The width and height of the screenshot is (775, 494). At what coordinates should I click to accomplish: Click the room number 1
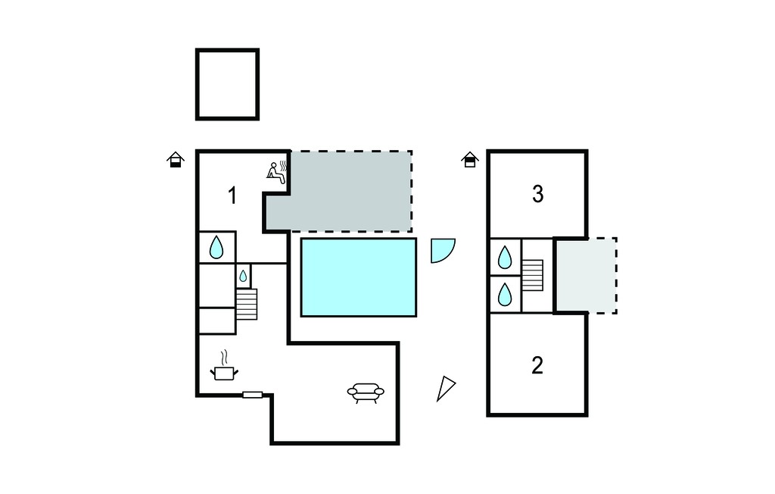(x=232, y=195)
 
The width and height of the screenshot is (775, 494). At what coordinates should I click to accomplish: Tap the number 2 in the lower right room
(x=537, y=365)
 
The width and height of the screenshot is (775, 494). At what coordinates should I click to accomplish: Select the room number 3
(x=538, y=194)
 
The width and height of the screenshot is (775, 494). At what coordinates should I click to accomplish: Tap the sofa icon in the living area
(x=366, y=392)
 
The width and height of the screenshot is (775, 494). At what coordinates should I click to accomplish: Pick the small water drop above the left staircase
(x=243, y=277)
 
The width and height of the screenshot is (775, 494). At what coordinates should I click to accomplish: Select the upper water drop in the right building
(x=505, y=257)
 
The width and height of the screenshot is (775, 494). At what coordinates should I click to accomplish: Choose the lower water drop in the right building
(x=505, y=294)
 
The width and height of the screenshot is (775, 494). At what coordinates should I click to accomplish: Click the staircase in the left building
(x=247, y=304)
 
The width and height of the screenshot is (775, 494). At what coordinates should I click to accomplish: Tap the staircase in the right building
(x=533, y=275)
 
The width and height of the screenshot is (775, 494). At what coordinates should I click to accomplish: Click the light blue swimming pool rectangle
(x=359, y=277)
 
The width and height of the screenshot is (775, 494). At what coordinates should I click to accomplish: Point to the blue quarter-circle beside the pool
(x=441, y=250)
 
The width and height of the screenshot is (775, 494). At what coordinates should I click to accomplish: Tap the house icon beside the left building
(x=176, y=159)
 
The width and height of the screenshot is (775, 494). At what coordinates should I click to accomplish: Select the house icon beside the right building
(x=470, y=159)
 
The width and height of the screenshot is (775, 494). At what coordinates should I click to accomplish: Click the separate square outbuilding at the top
(x=227, y=84)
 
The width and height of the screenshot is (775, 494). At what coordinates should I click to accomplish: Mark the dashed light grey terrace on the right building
(x=587, y=275)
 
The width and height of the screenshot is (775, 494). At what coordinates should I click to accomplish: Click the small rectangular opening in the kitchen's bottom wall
(x=253, y=395)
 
